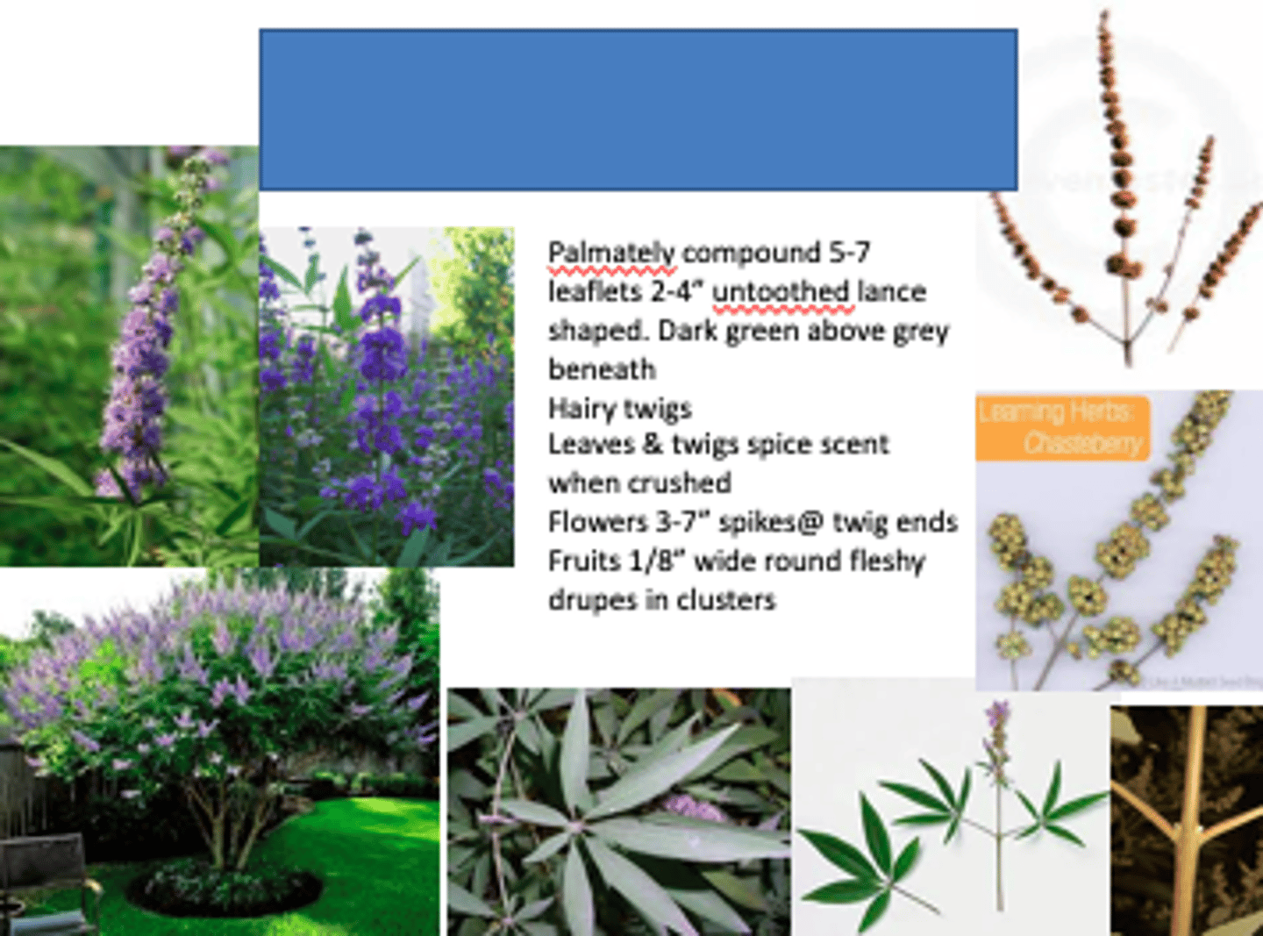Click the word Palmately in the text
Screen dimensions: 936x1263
click(x=611, y=254)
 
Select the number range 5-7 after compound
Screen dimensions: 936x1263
click(x=849, y=253)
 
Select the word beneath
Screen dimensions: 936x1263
click(x=602, y=369)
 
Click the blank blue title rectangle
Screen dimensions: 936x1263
click(x=638, y=110)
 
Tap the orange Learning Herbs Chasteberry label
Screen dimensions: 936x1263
click(x=1062, y=427)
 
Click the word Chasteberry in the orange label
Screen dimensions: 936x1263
click(x=1082, y=444)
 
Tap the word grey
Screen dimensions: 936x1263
click(x=920, y=332)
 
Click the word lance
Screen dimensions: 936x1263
click(x=892, y=292)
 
